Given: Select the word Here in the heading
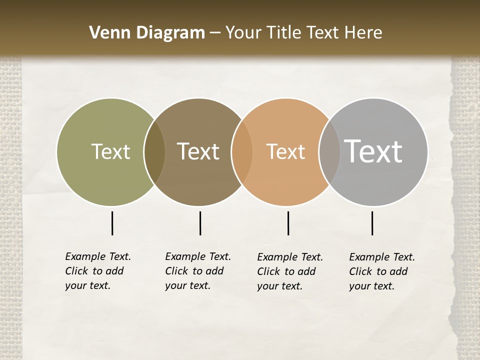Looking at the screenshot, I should click(363, 33).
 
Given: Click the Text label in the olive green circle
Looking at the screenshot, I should click(110, 151).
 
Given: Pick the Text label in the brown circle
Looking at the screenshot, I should click(198, 151).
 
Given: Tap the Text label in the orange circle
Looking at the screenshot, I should click(285, 151).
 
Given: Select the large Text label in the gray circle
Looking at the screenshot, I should click(373, 151).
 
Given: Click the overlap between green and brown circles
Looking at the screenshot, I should click(154, 152).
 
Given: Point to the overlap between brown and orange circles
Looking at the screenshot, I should click(242, 152).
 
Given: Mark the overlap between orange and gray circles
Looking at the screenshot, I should click(329, 152).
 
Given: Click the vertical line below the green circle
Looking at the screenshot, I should click(112, 223).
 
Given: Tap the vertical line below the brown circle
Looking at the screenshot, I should click(200, 223).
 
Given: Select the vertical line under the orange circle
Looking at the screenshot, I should click(288, 223).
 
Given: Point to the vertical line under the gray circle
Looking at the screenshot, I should click(372, 223).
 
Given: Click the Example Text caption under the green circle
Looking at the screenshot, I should click(98, 271).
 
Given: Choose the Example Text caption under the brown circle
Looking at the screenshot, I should click(198, 271).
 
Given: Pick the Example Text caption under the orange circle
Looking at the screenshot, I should click(290, 271).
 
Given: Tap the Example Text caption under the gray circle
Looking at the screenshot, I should click(382, 271).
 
